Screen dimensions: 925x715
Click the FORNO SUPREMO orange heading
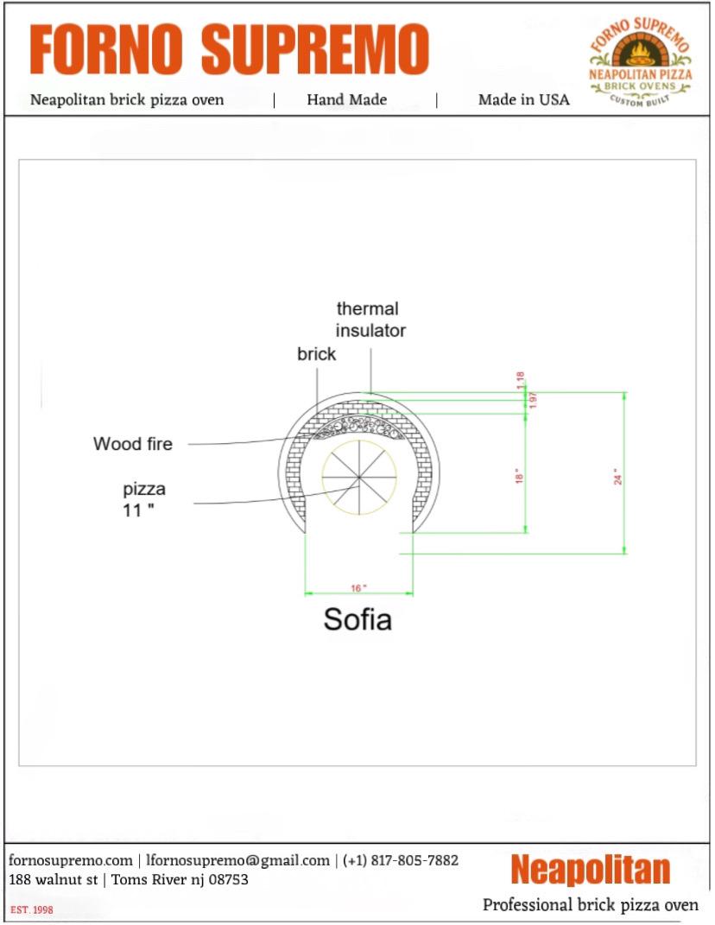tap(229, 49)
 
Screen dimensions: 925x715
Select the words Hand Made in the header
tap(346, 99)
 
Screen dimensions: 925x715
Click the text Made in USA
tap(523, 99)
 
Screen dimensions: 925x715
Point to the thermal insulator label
tap(370, 320)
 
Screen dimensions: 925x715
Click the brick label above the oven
tap(316, 354)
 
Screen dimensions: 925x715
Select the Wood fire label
tap(133, 444)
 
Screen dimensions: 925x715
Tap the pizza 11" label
tap(143, 499)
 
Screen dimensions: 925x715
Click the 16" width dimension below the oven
tap(358, 587)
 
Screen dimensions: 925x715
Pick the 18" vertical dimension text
tap(519, 476)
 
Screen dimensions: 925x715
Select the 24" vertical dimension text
tap(617, 477)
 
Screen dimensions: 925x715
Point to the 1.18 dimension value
tap(521, 380)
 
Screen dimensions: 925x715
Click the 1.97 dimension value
tap(533, 400)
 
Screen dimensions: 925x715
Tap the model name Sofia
tap(357, 619)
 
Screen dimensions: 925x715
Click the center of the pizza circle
tap(359, 473)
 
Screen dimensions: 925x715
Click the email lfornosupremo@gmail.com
tap(237, 860)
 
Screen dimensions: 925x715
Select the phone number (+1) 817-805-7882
tap(401, 860)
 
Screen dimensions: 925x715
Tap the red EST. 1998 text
tap(31, 910)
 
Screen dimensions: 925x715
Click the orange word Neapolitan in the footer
tap(590, 870)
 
